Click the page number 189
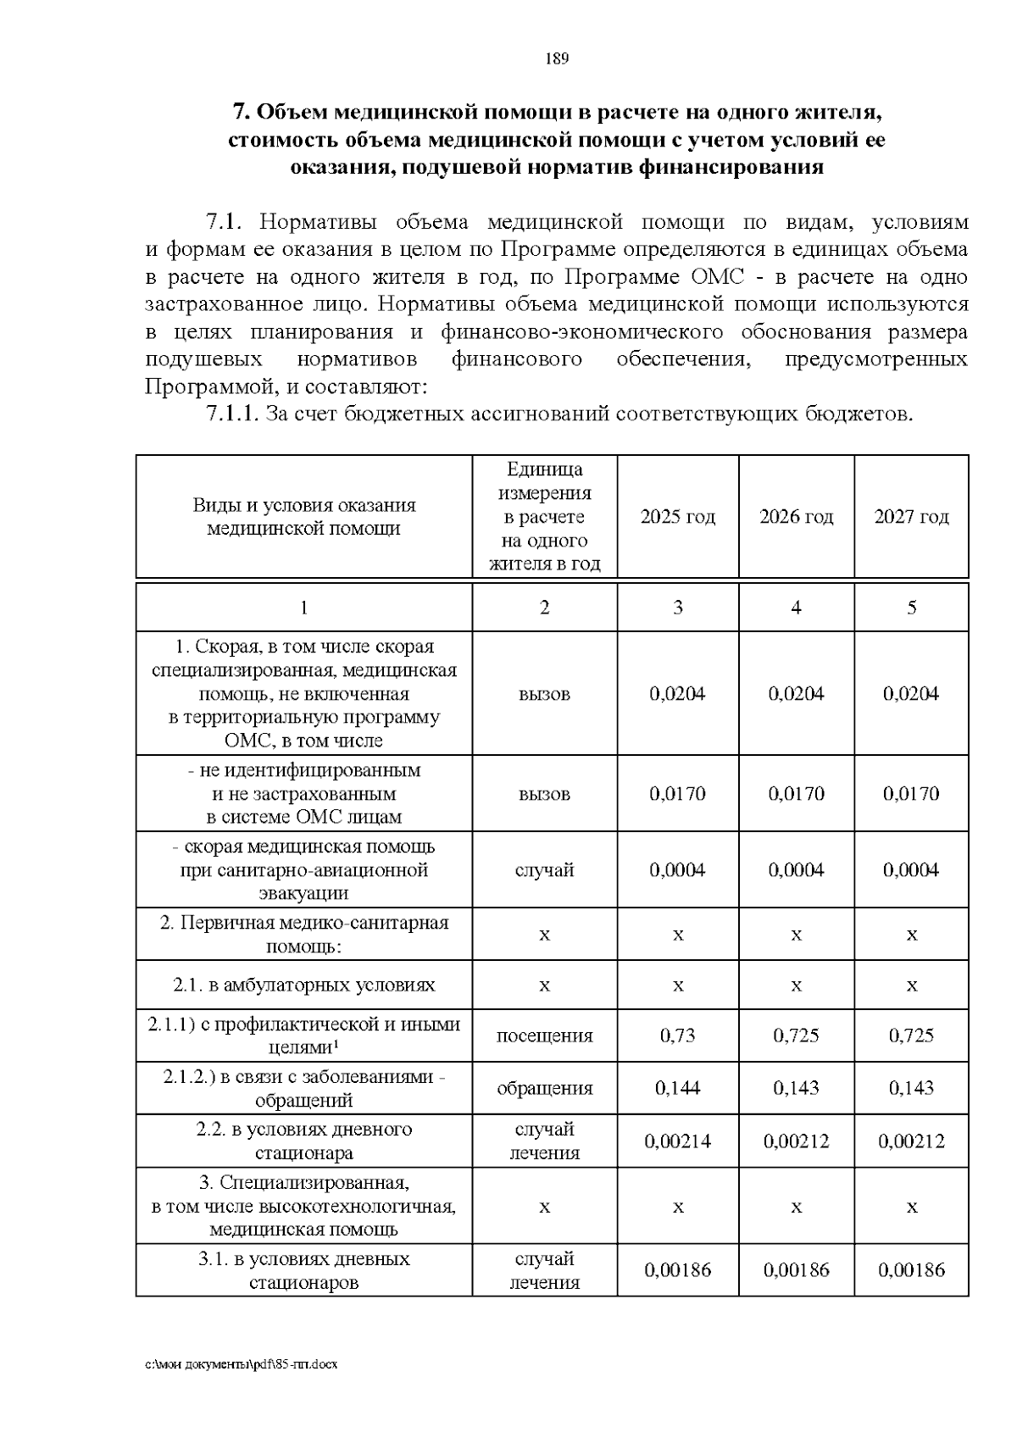(x=556, y=58)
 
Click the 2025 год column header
(x=678, y=517)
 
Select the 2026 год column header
(x=797, y=517)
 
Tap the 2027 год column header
(x=912, y=517)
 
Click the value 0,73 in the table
(x=678, y=1035)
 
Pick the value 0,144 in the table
(x=678, y=1088)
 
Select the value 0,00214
(x=678, y=1141)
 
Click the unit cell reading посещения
(x=544, y=1035)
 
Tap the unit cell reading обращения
(x=544, y=1088)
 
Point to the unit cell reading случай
(x=544, y=870)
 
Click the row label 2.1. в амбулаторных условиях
(x=304, y=985)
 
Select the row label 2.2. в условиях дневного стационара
(x=304, y=1141)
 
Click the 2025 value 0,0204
(x=678, y=694)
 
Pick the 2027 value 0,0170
(x=912, y=794)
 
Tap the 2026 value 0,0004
(x=797, y=870)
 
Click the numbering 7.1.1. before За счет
(x=233, y=414)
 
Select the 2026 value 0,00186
(x=797, y=1270)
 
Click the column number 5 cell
(x=912, y=608)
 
